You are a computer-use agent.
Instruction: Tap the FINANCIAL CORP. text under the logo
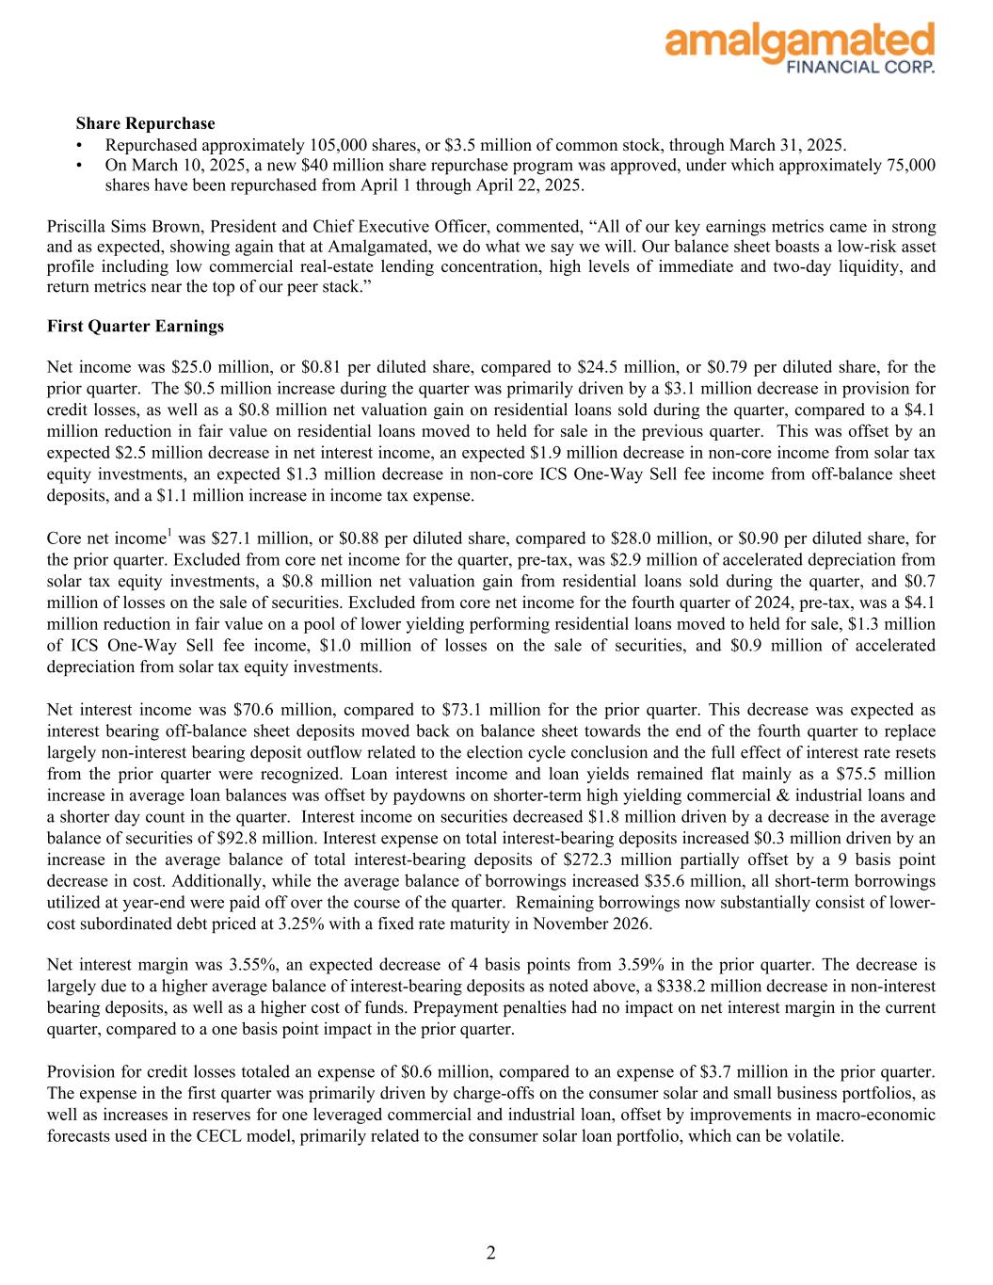860,67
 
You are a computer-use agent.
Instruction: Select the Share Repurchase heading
145,123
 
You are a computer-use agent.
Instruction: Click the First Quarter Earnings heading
136,326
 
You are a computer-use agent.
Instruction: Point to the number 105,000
341,145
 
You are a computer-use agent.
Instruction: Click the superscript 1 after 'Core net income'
169,534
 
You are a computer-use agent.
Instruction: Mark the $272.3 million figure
604,859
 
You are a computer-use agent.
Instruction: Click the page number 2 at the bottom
491,1252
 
